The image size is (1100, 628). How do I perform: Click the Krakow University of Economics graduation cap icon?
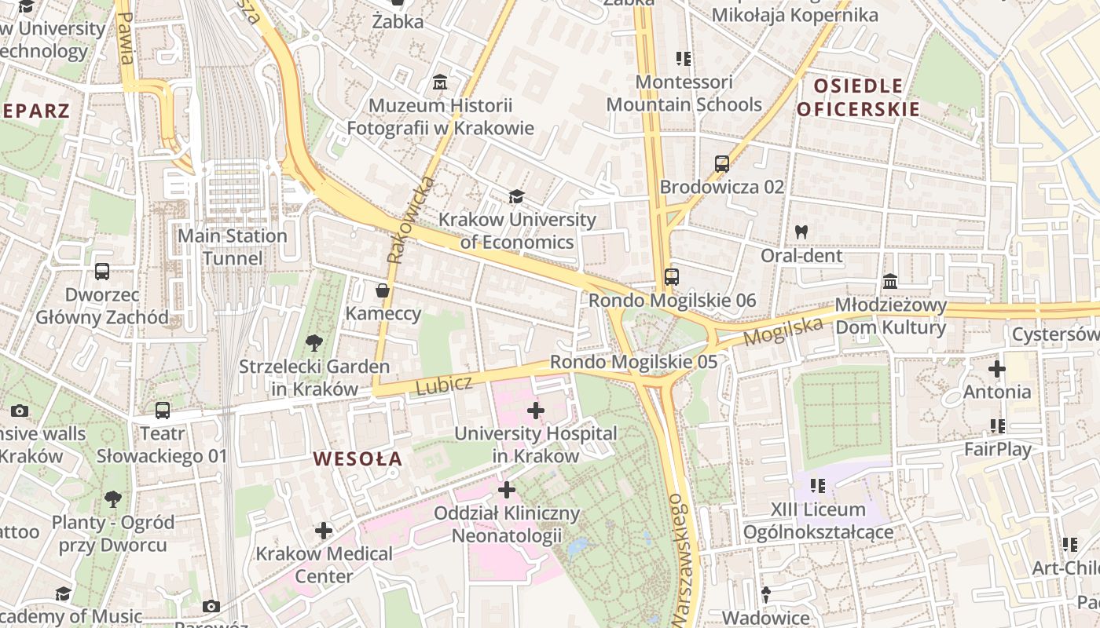pyautogui.click(x=516, y=196)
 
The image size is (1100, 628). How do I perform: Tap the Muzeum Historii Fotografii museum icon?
pyautogui.click(x=440, y=82)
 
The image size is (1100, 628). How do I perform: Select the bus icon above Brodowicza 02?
pyautogui.click(x=722, y=164)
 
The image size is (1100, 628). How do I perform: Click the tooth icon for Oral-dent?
pyautogui.click(x=801, y=232)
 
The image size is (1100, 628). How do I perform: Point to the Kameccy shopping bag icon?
pyautogui.click(x=383, y=290)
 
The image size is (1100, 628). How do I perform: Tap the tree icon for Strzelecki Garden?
pyautogui.click(x=313, y=342)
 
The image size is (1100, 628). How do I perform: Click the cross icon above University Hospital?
pyautogui.click(x=536, y=410)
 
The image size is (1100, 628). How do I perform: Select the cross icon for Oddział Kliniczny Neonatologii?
pyautogui.click(x=507, y=491)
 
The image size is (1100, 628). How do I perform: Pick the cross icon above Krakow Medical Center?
pyautogui.click(x=324, y=531)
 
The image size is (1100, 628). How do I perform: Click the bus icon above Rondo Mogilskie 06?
pyautogui.click(x=672, y=276)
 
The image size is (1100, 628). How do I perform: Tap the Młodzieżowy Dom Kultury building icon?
pyautogui.click(x=890, y=281)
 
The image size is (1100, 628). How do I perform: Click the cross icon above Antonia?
pyautogui.click(x=997, y=368)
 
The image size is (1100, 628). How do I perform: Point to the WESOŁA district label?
pyautogui.click(x=357, y=459)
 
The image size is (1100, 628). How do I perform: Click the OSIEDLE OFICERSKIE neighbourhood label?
pyautogui.click(x=858, y=97)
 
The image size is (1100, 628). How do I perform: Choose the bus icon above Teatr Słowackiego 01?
pyautogui.click(x=163, y=410)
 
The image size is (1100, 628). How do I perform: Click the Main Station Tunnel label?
pyautogui.click(x=233, y=247)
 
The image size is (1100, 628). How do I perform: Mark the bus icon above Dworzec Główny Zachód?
pyautogui.click(x=102, y=272)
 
